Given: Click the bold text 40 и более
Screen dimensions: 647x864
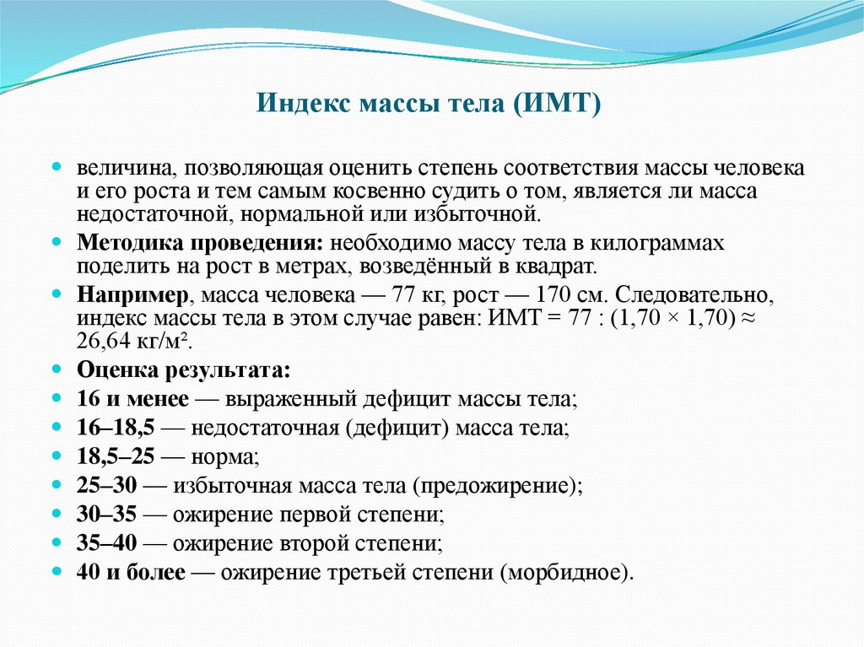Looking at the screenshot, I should pos(131,573).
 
